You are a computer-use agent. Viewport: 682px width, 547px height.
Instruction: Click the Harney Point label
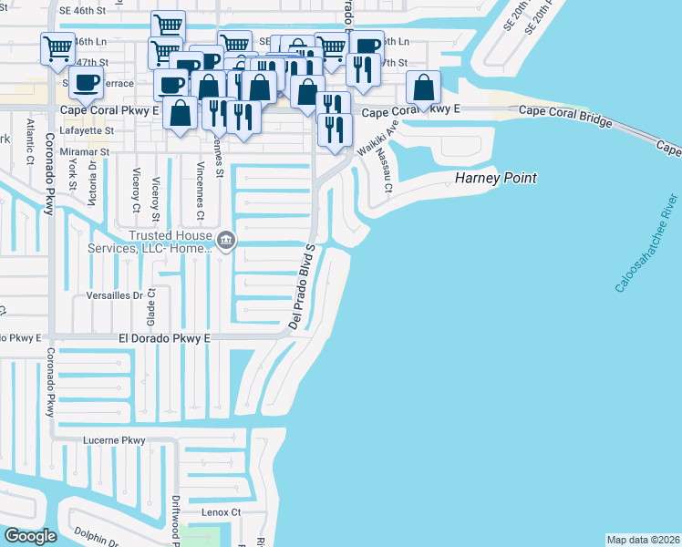point(495,178)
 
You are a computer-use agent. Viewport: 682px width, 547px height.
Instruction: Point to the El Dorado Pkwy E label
point(164,338)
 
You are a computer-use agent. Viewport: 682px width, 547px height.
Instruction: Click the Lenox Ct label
point(222,513)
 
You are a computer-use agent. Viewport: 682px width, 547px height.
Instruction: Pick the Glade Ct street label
point(151,307)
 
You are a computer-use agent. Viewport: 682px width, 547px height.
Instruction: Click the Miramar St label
point(85,152)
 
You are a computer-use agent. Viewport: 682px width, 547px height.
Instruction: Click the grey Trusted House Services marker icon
point(227,241)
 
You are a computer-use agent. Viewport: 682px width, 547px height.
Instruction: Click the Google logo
point(30,535)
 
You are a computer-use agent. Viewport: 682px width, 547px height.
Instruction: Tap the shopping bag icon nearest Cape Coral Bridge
point(423,88)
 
